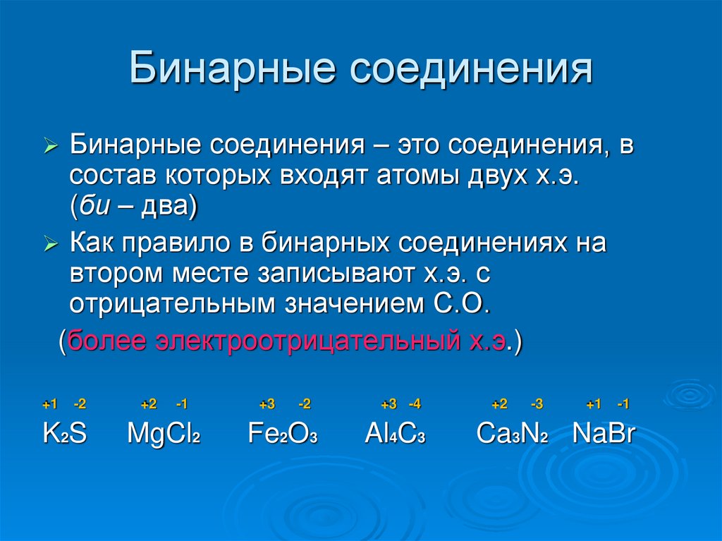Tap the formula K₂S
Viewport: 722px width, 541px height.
pyautogui.click(x=64, y=433)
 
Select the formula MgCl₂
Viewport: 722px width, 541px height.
pyautogui.click(x=164, y=433)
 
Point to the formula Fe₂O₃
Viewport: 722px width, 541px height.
pyautogui.click(x=283, y=433)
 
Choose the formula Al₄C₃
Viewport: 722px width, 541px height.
pyautogui.click(x=395, y=433)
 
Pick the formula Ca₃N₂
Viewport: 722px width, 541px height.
pyautogui.click(x=513, y=433)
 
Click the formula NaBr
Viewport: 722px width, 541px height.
pyautogui.click(x=604, y=433)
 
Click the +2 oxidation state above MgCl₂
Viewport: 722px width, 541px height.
pyautogui.click(x=148, y=404)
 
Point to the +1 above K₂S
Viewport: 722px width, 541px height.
pyautogui.click(x=49, y=404)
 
